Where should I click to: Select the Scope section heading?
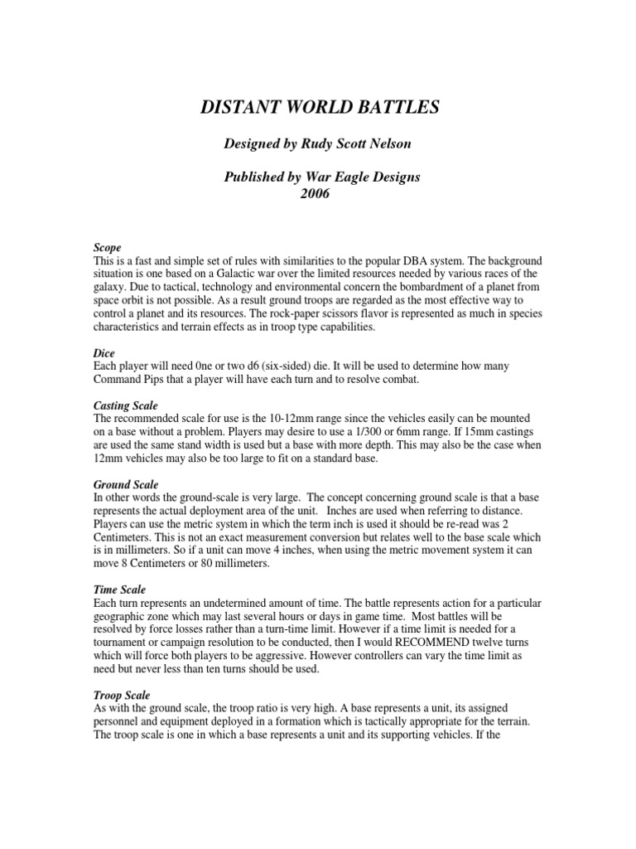108,248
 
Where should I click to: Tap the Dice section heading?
104,352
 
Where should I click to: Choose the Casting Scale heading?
124,405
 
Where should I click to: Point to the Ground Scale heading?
126,483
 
